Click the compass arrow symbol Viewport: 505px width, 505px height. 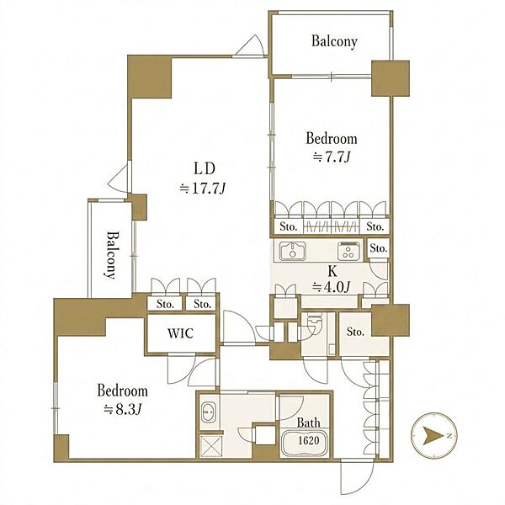pos(433,436)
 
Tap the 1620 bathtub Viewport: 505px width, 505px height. pos(306,441)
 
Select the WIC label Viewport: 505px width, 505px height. pos(180,333)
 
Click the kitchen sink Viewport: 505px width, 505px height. pos(292,251)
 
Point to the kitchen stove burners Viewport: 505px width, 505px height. pos(348,251)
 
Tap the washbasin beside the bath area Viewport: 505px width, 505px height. pos(206,412)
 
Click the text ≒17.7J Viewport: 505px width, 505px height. pos(202,189)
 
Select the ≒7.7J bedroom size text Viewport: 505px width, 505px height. pos(332,157)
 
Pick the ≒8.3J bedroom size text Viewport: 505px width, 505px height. pos(123,410)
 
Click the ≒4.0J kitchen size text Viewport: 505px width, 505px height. pos(332,287)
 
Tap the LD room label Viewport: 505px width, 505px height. pos(204,168)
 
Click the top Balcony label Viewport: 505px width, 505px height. pos(334,41)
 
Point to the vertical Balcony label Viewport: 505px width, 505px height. pos(109,254)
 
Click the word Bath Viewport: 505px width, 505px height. pos(309,423)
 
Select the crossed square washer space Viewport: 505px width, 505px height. pos(211,445)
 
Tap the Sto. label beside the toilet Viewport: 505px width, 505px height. pos(355,332)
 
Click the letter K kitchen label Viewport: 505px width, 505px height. pos(332,272)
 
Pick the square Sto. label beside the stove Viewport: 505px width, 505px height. pos(378,248)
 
